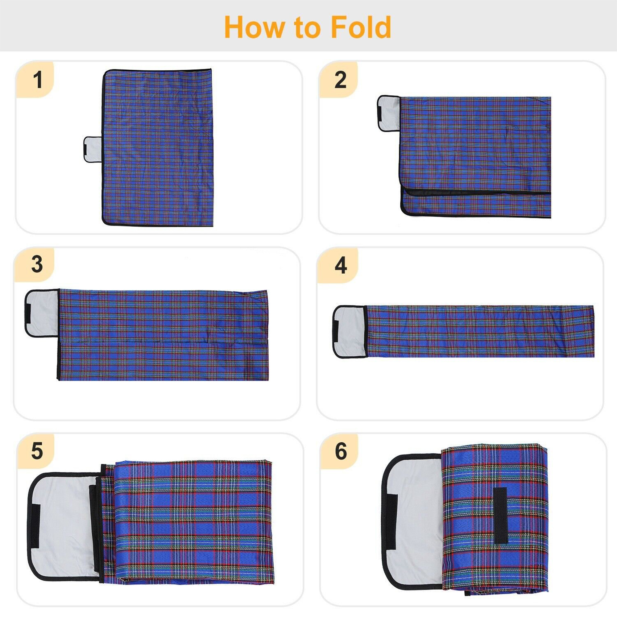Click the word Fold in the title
click(x=360, y=28)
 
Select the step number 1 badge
click(x=37, y=80)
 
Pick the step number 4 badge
click(x=341, y=265)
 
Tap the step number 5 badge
click(x=37, y=451)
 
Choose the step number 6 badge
click(x=341, y=451)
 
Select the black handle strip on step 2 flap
click(x=381, y=113)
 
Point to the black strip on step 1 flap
click(x=85, y=149)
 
